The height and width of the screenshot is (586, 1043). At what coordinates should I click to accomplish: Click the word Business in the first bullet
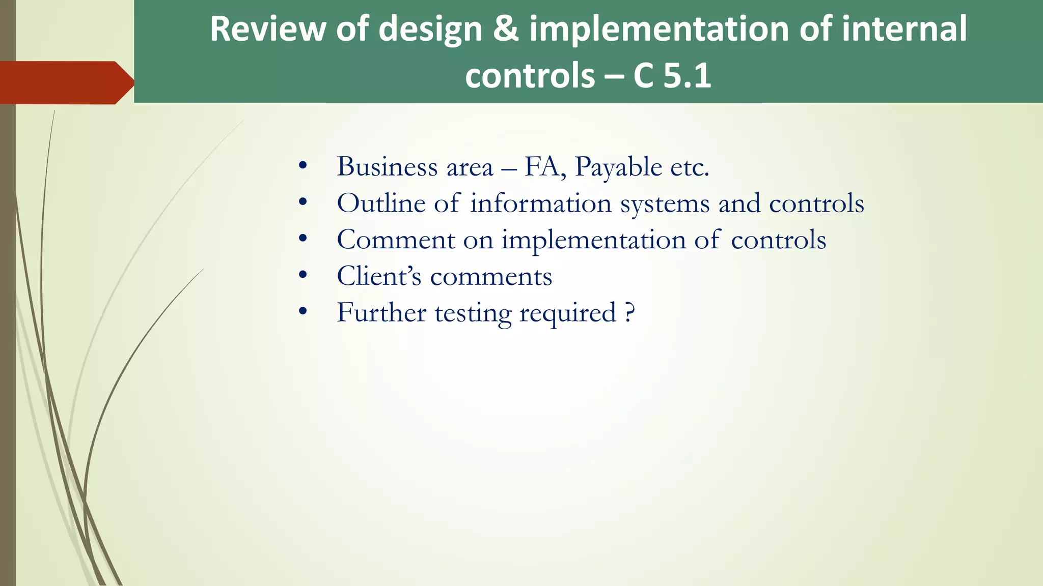coord(387,167)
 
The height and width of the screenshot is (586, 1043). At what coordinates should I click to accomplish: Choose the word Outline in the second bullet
coord(381,203)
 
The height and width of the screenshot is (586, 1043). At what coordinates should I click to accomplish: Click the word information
coord(540,203)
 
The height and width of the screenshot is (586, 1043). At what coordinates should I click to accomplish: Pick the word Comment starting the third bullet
coord(396,240)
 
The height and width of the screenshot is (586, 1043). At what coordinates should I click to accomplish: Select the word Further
coord(381,312)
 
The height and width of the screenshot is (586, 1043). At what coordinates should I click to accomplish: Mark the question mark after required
coord(630,312)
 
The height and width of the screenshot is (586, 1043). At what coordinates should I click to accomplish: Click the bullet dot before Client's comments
coord(303,276)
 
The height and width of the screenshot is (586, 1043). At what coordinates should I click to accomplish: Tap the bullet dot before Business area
coord(303,166)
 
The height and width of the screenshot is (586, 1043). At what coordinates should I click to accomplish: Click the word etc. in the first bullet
coord(690,167)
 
